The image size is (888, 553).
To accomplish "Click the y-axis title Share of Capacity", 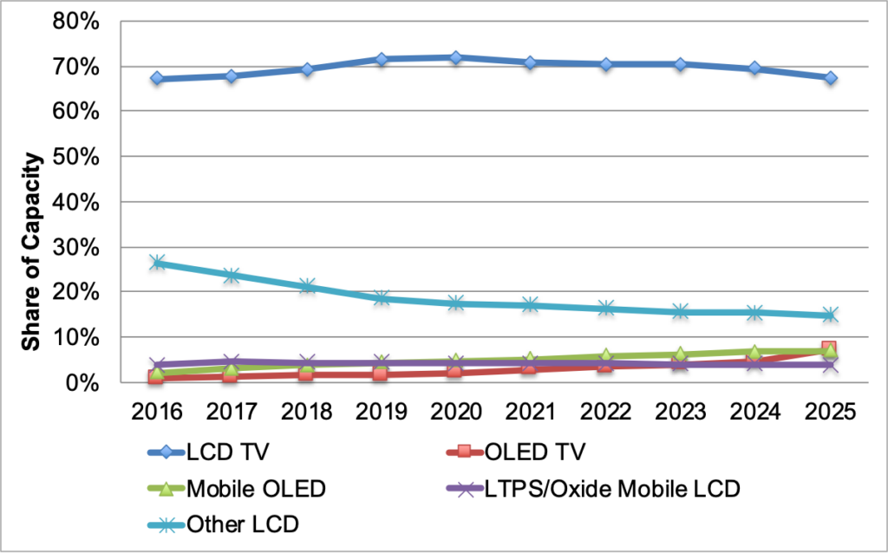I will click(32, 251).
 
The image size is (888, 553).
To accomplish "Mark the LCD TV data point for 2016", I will click(156, 79).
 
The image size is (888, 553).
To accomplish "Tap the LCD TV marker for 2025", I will click(830, 78).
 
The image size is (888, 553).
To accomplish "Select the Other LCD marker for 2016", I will click(156, 263).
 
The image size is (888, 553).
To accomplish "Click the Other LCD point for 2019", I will click(381, 298).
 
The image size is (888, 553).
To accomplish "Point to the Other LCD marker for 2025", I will click(830, 316).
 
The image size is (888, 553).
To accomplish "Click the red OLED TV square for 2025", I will click(830, 348).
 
